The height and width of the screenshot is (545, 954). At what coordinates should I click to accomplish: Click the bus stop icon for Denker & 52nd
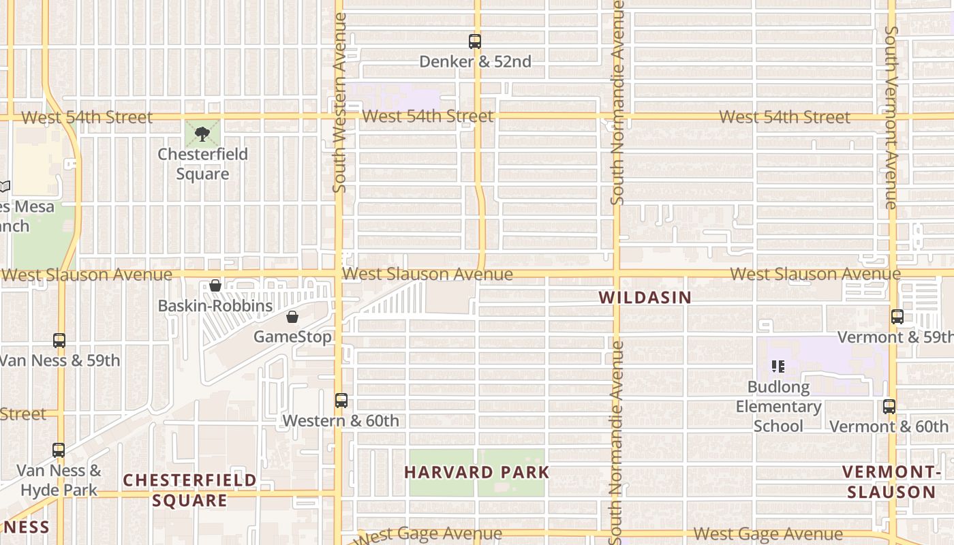475,42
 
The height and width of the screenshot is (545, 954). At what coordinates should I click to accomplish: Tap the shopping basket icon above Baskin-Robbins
215,285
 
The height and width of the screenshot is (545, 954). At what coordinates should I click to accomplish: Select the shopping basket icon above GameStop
292,317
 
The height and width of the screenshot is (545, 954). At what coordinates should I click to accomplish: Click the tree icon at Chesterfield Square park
202,134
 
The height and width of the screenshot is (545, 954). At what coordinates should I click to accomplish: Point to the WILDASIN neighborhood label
645,298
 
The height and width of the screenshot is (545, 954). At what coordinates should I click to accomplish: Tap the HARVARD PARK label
476,472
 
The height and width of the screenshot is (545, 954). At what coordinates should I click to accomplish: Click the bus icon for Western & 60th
341,401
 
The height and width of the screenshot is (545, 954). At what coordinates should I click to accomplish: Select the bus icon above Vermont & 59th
897,317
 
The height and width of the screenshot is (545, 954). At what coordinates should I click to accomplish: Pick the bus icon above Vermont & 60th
889,407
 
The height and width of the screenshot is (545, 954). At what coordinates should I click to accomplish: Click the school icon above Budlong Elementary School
778,367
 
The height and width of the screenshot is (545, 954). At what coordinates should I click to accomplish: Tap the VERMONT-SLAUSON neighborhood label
891,482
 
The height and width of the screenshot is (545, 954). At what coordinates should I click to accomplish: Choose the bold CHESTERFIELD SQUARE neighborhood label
189,490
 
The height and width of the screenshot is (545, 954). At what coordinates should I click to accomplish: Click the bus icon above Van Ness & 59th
59,341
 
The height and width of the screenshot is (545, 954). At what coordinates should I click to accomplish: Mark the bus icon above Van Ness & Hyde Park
59,450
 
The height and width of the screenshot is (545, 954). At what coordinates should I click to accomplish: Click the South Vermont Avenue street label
891,117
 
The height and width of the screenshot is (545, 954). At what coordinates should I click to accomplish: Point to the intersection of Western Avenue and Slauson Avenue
338,275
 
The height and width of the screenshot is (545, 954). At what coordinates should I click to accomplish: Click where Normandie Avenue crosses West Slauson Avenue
617,275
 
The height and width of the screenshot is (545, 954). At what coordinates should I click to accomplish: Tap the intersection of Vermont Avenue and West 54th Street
891,117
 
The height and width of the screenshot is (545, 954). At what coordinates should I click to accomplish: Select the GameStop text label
292,337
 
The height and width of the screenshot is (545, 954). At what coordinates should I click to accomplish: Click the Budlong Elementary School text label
778,407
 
